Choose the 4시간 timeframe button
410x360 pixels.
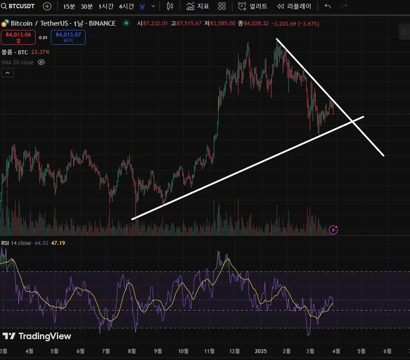click(126, 7)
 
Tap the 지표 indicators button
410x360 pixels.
click(198, 7)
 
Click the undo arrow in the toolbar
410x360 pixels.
click(327, 7)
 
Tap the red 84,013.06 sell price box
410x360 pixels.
click(18, 37)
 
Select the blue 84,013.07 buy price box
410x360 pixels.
click(68, 37)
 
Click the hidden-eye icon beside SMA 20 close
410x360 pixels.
click(41, 62)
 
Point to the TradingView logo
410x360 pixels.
click(37, 336)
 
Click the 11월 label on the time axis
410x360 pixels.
click(209, 351)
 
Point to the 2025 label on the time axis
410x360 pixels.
click(261, 351)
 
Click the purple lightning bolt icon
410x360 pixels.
click(333, 230)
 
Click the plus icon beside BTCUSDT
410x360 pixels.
click(47, 7)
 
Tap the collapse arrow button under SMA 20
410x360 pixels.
click(7, 73)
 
